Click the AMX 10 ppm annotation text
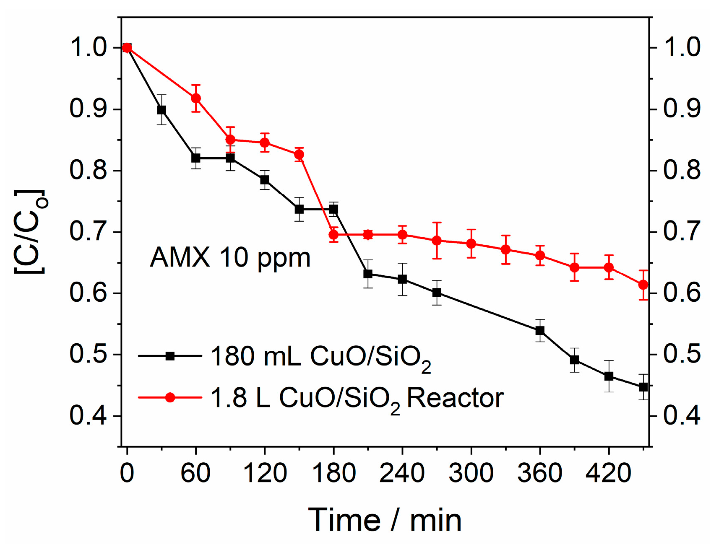pyautogui.click(x=230, y=257)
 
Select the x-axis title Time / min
pyautogui.click(x=385, y=520)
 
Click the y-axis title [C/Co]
pyautogui.click(x=30, y=232)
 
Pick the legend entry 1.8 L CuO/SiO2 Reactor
pyautogui.click(x=357, y=398)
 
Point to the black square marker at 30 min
pyautogui.click(x=161, y=110)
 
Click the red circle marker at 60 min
pyautogui.click(x=196, y=99)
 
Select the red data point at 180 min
pyautogui.click(x=333, y=235)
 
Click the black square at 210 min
pyautogui.click(x=368, y=274)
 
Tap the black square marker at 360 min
pyautogui.click(x=540, y=331)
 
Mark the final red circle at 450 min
pyautogui.click(x=643, y=285)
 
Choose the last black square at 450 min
pyautogui.click(x=643, y=387)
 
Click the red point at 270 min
pyautogui.click(x=437, y=241)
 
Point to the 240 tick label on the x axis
pyautogui.click(x=402, y=473)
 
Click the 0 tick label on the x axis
pyautogui.click(x=127, y=473)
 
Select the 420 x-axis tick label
pyautogui.click(x=608, y=473)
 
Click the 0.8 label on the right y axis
pyautogui.click(x=682, y=170)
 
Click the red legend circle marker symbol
pyautogui.click(x=170, y=397)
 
